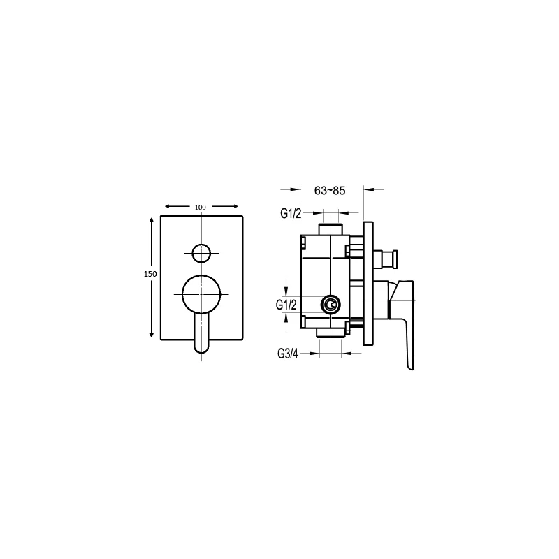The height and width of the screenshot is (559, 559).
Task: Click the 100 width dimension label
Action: coord(201,207)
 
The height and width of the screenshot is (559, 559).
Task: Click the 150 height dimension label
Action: coord(150,274)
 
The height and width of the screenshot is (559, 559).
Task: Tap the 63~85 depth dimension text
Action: coord(330,191)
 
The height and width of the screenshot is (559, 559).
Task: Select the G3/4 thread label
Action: coord(288,354)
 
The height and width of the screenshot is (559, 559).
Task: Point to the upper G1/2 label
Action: coord(291,213)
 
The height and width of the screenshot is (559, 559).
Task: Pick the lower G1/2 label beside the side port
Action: coord(286,305)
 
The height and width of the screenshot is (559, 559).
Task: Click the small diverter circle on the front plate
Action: coord(201,253)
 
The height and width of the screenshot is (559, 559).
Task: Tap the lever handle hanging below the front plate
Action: coord(201,334)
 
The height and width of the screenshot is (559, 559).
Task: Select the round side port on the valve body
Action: coord(331,305)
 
